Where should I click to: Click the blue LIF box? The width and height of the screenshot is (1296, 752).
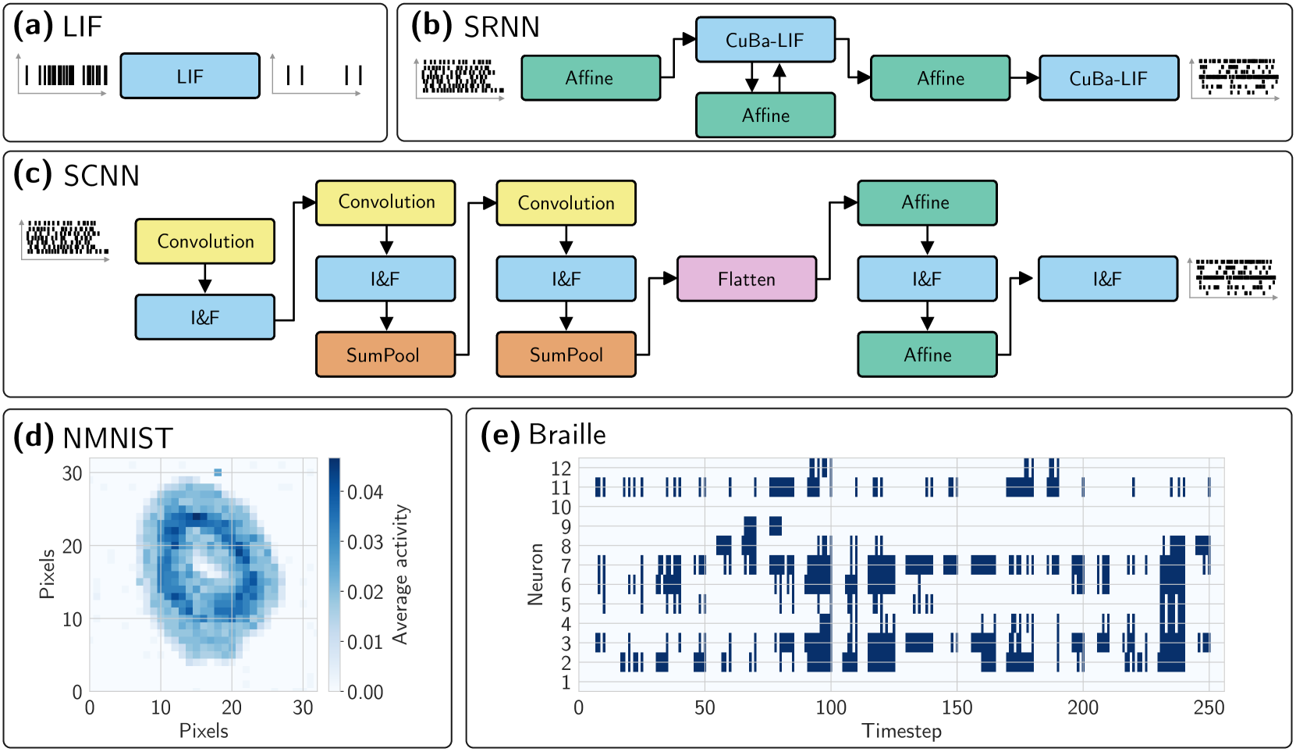[x=190, y=76]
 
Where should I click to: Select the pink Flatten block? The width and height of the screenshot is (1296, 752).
[x=746, y=279]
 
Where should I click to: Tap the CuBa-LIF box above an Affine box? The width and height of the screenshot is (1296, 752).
[x=765, y=40]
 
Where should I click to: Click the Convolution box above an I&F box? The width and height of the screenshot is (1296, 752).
[x=205, y=241]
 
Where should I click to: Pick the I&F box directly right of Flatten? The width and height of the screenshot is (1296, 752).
[x=927, y=279]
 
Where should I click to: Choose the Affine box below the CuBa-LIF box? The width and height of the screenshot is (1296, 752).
[x=765, y=116]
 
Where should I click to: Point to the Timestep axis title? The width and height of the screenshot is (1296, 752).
[x=901, y=731]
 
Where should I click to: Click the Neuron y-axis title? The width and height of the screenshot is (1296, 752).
[x=535, y=574]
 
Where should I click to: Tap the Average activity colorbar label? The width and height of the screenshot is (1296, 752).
[x=400, y=574]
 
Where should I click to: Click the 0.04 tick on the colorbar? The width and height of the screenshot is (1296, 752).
[x=364, y=492]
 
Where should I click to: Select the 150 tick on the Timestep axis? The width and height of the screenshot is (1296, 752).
[x=957, y=707]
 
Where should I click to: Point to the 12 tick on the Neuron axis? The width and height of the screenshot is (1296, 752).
[x=561, y=469]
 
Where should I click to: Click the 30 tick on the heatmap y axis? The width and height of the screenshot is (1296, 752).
[x=73, y=473]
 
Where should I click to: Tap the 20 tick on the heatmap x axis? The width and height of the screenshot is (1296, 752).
[x=232, y=707]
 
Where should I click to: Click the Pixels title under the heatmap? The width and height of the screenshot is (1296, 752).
[x=204, y=731]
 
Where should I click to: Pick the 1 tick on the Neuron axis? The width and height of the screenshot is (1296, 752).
[x=566, y=683]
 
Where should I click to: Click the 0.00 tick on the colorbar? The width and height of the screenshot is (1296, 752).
[x=364, y=692]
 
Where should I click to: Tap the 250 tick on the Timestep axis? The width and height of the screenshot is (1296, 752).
[x=1209, y=707]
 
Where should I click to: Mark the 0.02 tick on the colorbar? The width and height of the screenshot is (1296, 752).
[x=364, y=592]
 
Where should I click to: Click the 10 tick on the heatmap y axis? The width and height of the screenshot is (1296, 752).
[x=73, y=619]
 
